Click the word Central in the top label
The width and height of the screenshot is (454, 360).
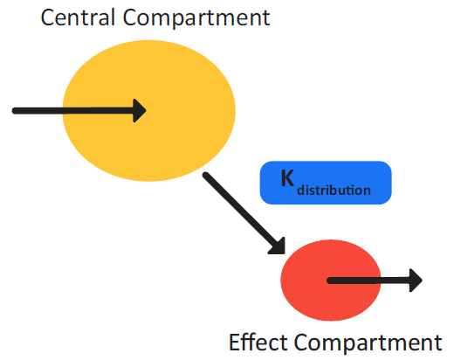[x=81, y=17]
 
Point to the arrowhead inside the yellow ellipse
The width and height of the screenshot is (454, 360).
[x=138, y=110]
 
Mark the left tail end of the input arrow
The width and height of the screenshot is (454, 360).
[x=15, y=110]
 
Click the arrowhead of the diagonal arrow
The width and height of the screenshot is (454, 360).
[x=280, y=247]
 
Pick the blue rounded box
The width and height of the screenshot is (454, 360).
[x=326, y=182]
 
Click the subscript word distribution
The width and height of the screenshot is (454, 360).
[x=334, y=189]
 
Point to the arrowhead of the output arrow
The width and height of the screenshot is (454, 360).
[x=416, y=280]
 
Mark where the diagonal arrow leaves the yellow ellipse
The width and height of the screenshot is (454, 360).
[x=208, y=177]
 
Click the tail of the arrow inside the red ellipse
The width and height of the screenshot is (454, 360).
[x=329, y=280]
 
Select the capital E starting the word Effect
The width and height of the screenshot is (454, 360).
[x=234, y=342]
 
